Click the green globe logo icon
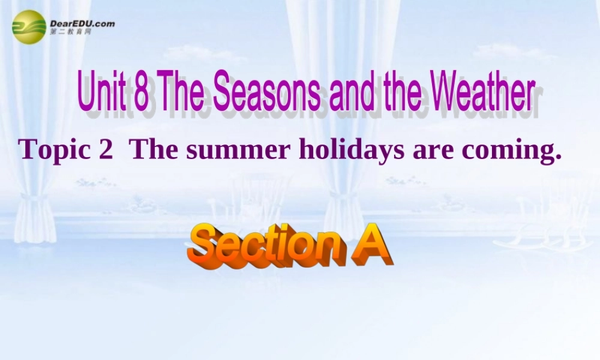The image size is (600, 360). point(29,27)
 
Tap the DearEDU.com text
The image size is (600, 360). point(82,23)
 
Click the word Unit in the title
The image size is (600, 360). point(102,91)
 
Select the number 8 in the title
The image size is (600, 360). point(142,91)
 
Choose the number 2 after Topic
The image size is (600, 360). point(105,149)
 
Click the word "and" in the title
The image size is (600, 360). point(349,91)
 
